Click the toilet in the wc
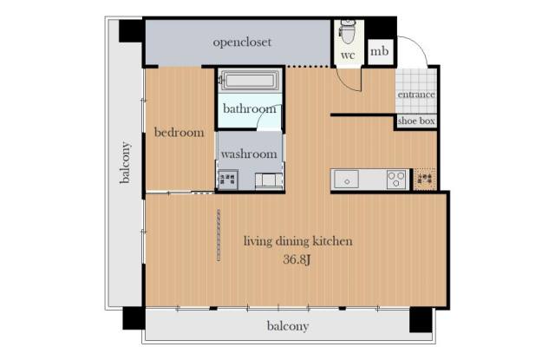coord(348,31)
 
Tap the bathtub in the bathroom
coord(251,81)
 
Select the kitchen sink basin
coord(346,180)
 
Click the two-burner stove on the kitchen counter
coord(396,180)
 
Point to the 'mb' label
coord(380,51)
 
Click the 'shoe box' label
coord(416,121)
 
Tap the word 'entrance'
coord(416,95)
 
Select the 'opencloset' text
coord(242,43)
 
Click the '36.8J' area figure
coord(297,259)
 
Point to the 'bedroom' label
coord(180,133)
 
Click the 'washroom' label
coord(249,154)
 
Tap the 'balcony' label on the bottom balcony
coord(287,326)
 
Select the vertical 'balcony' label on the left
coord(125,162)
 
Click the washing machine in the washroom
coord(227,180)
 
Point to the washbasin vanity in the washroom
coord(269,180)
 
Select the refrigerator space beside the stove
coord(425,180)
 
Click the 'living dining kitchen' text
coord(298,241)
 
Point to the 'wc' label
coord(348,56)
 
